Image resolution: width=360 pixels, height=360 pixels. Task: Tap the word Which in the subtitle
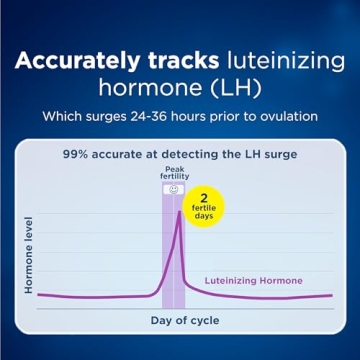tap(66, 116)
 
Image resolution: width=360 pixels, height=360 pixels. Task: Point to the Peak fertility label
tap(174, 175)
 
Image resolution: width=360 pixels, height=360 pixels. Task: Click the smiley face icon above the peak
tap(174, 188)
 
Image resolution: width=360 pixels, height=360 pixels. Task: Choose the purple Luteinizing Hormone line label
tap(253, 281)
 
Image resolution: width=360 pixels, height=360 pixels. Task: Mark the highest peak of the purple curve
tap(179, 209)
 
